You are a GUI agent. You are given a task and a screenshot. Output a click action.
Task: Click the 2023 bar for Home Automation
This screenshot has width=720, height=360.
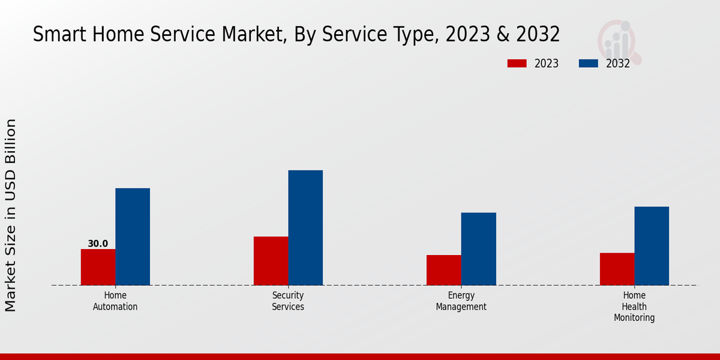click(x=98, y=267)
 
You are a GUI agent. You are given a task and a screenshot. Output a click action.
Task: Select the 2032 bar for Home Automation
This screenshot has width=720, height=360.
click(x=133, y=236)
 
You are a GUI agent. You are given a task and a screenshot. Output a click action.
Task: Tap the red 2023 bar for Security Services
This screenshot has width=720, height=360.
click(x=271, y=260)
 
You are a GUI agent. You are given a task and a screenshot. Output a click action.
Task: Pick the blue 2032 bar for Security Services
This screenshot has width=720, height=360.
click(x=305, y=227)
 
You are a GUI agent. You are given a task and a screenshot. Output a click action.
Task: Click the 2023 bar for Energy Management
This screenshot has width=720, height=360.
click(x=444, y=270)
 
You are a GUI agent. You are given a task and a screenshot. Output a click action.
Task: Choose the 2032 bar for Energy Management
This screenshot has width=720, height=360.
click(x=479, y=248)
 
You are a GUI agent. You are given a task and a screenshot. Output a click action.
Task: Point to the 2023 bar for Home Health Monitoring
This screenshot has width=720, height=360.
click(x=617, y=269)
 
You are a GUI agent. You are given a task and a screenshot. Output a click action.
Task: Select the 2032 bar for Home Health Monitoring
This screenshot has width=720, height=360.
click(x=652, y=245)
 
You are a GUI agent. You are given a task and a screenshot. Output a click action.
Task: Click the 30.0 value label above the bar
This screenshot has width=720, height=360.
click(x=98, y=244)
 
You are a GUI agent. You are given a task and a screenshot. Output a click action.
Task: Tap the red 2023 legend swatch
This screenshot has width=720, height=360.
click(x=517, y=64)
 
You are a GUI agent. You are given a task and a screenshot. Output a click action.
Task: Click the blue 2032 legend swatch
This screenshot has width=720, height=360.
click(x=588, y=64)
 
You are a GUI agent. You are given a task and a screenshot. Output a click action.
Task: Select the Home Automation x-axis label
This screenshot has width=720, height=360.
click(x=115, y=301)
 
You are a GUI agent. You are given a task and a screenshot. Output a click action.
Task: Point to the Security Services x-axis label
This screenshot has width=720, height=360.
click(x=288, y=301)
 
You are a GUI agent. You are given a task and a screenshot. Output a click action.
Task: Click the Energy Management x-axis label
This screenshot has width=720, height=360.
click(x=461, y=301)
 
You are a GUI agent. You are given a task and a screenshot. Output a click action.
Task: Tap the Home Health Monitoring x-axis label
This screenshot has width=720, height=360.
click(x=634, y=307)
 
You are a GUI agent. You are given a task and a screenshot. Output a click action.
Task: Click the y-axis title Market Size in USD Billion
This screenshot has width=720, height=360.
click(x=11, y=215)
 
